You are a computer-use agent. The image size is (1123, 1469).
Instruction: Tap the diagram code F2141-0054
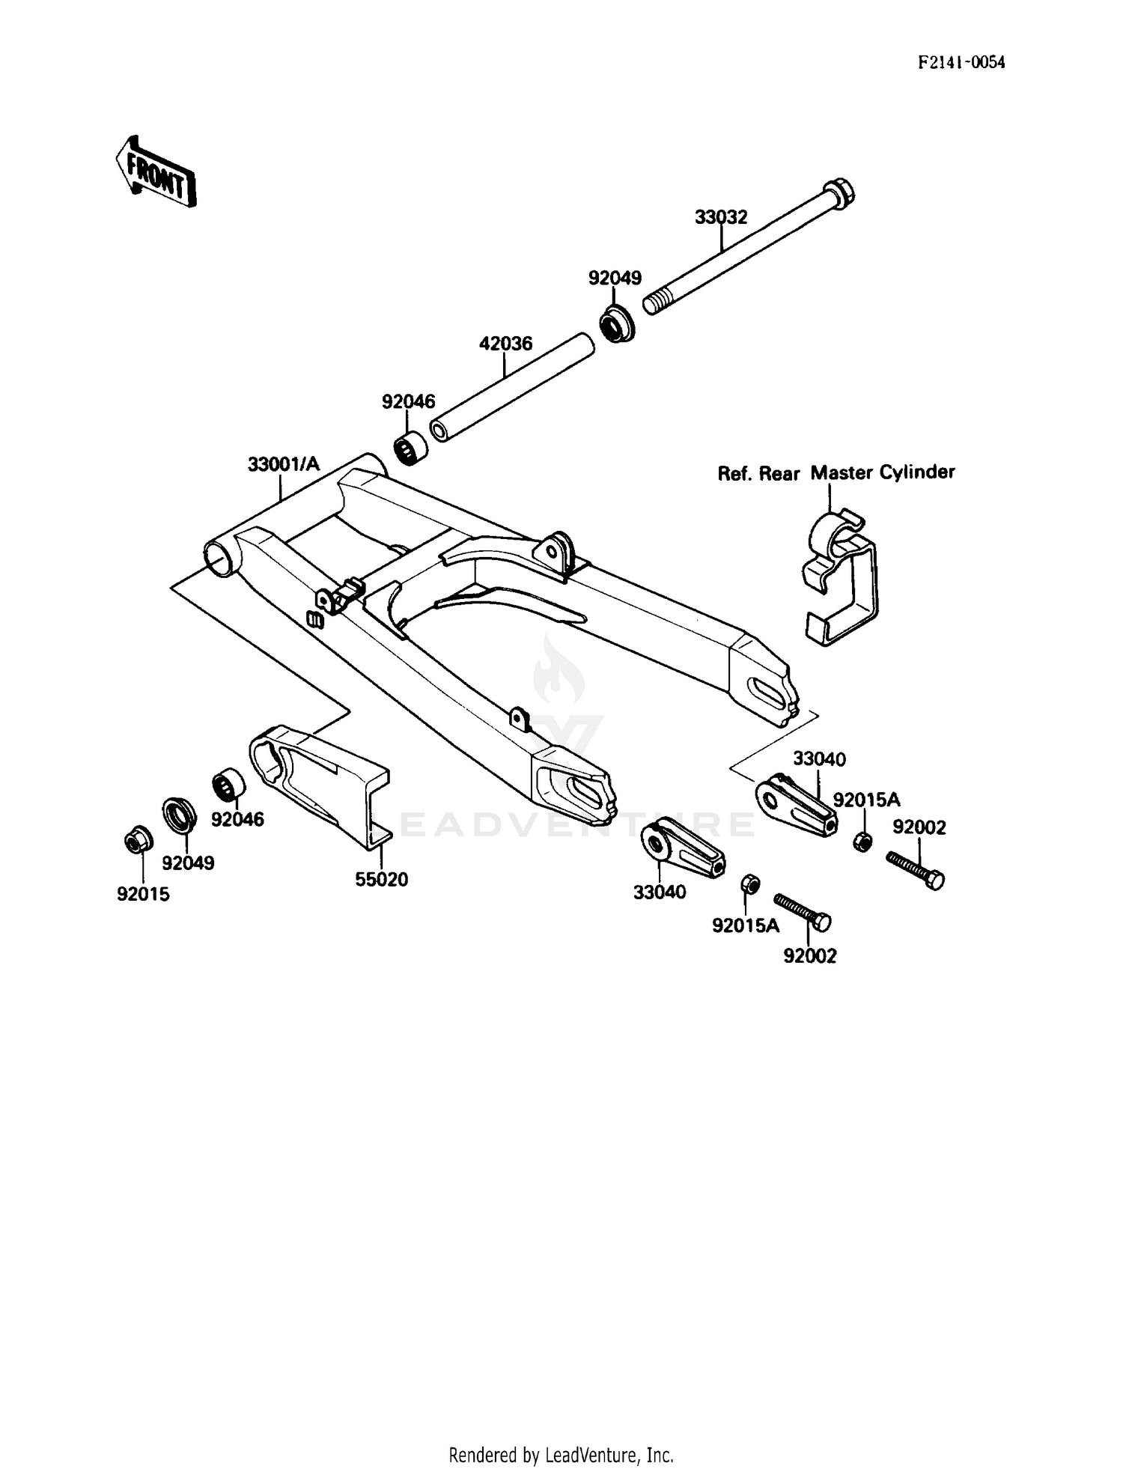961,62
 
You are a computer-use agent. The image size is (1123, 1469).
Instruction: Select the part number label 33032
720,217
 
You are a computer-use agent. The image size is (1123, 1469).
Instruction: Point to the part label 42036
505,344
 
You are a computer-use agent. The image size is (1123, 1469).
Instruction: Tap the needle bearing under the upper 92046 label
411,448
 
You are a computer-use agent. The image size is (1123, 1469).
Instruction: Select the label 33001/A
283,464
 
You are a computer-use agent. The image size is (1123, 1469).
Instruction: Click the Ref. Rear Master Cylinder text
836,473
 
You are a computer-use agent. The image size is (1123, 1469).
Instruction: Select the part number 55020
381,880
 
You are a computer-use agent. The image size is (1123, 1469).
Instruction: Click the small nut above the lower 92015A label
749,884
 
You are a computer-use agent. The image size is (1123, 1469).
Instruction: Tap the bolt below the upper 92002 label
916,869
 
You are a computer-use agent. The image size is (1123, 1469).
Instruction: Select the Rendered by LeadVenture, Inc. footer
561,1455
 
